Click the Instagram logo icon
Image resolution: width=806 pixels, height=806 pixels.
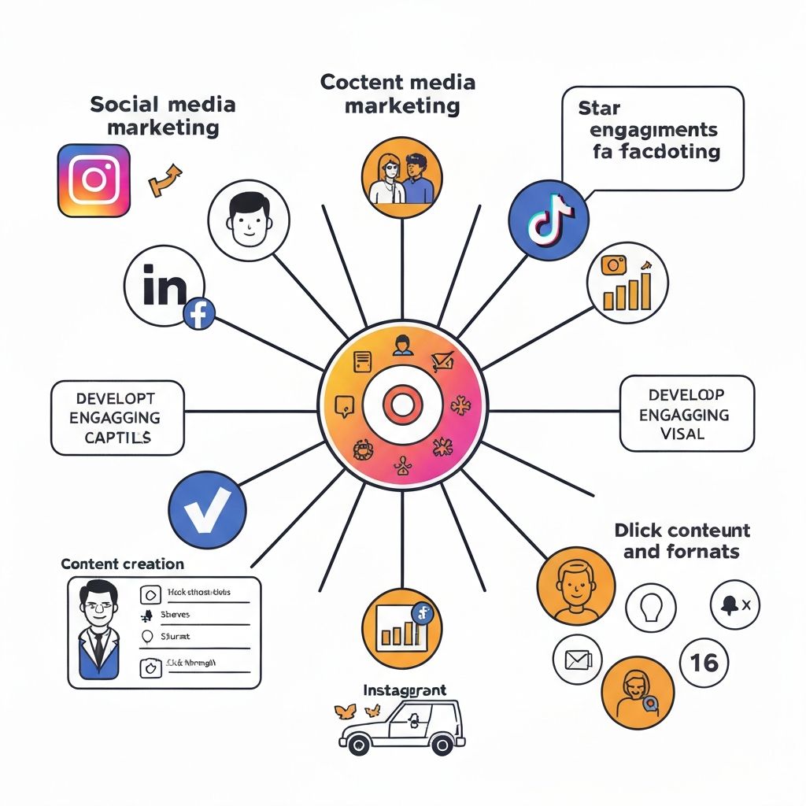pyautogui.click(x=94, y=179)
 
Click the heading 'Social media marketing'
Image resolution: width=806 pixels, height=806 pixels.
pyautogui.click(x=163, y=116)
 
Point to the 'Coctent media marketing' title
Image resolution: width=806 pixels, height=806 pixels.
pyautogui.click(x=397, y=94)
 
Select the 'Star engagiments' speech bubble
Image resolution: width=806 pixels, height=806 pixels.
pyautogui.click(x=653, y=139)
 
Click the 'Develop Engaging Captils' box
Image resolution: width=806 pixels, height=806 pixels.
pyautogui.click(x=117, y=417)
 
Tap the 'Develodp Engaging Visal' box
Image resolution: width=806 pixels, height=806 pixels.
pyautogui.click(x=686, y=413)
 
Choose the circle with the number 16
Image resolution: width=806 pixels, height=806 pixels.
pyautogui.click(x=703, y=663)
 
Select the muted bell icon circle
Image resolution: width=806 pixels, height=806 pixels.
pyautogui.click(x=734, y=605)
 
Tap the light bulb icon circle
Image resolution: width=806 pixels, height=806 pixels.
pyautogui.click(x=651, y=608)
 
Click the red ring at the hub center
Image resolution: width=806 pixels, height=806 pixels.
pyautogui.click(x=402, y=406)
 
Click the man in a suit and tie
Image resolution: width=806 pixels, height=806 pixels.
pyautogui.click(x=98, y=630)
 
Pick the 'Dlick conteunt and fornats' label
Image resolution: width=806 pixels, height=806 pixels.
pyautogui.click(x=682, y=541)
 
